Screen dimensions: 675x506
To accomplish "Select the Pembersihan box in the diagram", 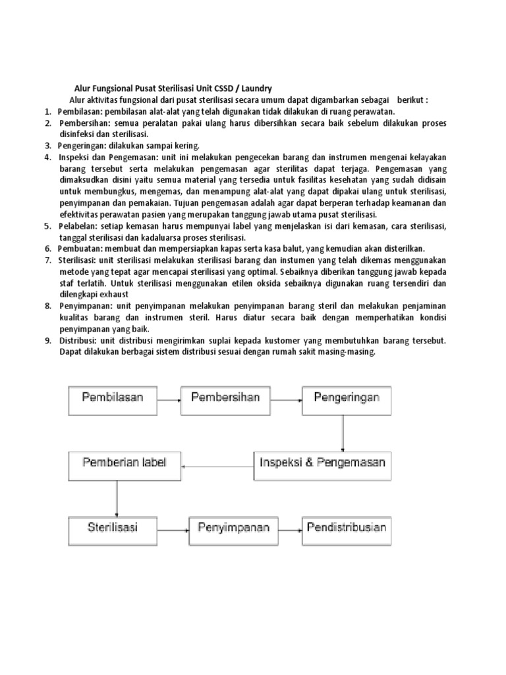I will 225,399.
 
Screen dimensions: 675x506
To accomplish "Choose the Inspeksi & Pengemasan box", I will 322,465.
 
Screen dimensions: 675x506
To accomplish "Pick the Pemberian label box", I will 125,465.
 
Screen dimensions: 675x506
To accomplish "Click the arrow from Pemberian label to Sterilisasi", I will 117,498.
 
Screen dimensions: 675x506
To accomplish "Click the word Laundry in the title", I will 253,89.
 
